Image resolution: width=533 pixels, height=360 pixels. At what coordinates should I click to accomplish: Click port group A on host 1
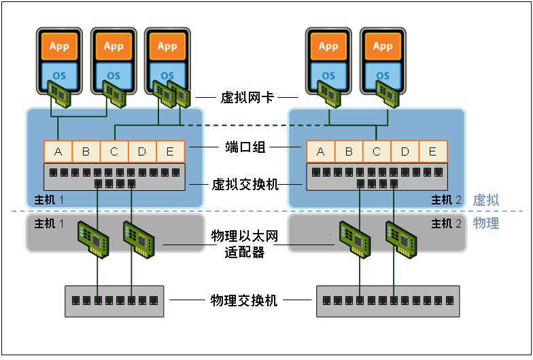tap(58, 151)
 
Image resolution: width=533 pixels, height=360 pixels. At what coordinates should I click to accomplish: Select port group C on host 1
tap(114, 151)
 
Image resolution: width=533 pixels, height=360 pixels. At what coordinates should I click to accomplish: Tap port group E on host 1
tap(170, 151)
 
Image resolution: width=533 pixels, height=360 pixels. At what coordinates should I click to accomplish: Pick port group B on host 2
tap(349, 151)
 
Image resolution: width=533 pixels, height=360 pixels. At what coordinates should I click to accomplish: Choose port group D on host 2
tap(405, 151)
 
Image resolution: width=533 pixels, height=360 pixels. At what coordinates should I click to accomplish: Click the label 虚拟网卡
tap(247, 98)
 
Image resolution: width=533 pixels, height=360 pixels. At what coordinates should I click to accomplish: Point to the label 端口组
tap(245, 147)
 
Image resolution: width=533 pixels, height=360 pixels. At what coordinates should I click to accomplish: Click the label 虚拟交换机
tap(245, 185)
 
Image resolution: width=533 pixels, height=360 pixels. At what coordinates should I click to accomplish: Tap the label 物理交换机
tap(243, 300)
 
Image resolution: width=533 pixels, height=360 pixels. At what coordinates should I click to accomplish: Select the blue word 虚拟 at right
tap(485, 200)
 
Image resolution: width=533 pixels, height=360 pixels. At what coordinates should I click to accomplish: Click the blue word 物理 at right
tap(485, 223)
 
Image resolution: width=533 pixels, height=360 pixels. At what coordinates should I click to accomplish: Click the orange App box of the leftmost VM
tap(60, 46)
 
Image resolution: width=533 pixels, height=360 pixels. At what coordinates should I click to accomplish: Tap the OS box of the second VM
tap(114, 75)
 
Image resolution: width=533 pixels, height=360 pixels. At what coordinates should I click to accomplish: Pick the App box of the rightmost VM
tap(383, 46)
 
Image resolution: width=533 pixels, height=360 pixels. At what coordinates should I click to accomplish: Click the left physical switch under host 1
tap(114, 302)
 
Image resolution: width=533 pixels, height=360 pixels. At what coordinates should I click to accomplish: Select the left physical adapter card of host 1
tap(93, 239)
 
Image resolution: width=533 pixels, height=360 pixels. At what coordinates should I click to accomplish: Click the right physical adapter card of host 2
tap(401, 239)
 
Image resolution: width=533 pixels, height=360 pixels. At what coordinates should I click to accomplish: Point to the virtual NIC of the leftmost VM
tap(59, 94)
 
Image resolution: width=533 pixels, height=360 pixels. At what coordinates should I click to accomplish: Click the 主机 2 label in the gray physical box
tap(446, 223)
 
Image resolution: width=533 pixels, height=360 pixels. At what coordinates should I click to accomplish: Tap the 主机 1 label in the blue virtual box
tap(49, 200)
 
